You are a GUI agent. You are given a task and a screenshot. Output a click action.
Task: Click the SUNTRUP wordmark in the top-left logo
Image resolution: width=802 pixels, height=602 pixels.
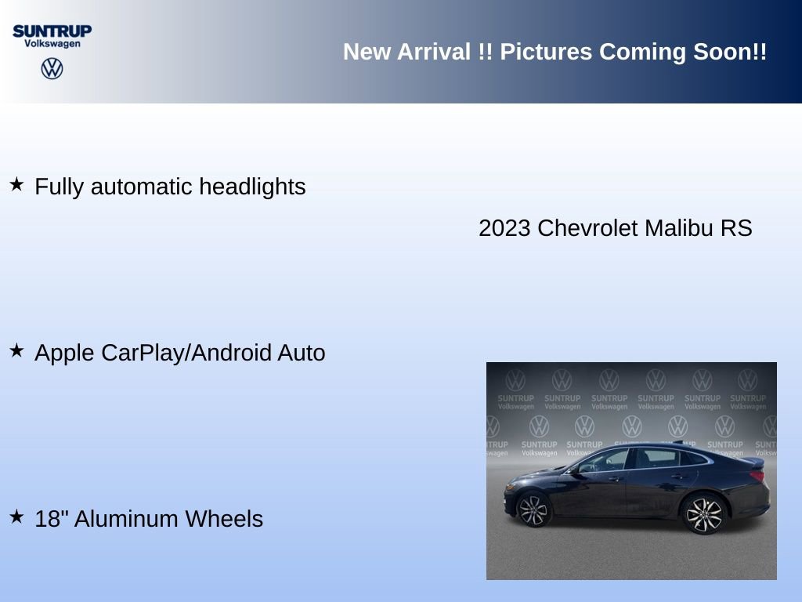point(52,31)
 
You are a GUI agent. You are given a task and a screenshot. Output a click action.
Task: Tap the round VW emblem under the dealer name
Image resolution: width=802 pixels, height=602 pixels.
point(52,68)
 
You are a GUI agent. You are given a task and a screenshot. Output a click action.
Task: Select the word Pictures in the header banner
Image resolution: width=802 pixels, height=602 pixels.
point(546,52)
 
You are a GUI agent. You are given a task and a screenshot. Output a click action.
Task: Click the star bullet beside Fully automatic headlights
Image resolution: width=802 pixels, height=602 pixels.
point(16,185)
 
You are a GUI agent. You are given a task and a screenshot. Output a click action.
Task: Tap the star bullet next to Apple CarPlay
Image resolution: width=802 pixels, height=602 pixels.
point(16,351)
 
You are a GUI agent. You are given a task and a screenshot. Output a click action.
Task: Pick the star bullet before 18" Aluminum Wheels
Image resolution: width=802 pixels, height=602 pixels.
point(16,517)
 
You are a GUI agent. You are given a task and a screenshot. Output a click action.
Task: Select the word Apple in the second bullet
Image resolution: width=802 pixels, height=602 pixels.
point(65,354)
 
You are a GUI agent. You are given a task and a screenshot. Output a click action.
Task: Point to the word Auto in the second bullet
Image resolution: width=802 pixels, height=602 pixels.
point(302,354)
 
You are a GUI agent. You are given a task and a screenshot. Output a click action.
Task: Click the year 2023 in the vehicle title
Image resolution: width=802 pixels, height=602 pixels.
point(505,228)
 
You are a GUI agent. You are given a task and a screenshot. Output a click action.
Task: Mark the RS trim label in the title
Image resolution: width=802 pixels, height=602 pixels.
point(737,228)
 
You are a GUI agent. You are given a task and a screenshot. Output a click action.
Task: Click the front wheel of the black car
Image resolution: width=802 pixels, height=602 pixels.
point(534,510)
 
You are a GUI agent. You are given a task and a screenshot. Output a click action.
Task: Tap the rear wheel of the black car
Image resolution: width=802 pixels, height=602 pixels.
point(703,513)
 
